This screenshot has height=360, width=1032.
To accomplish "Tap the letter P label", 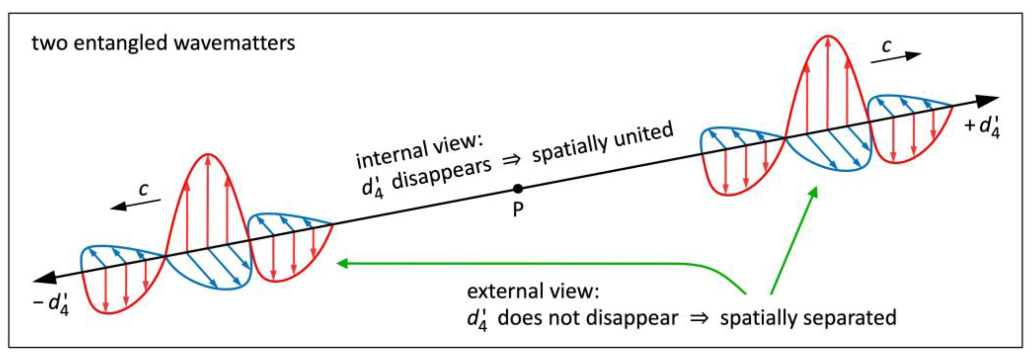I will click(x=518, y=209).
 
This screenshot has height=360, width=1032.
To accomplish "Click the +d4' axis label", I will click(x=982, y=127).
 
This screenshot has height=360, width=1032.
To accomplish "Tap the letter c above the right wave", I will click(x=886, y=46).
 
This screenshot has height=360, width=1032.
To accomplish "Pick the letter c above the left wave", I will click(x=143, y=189).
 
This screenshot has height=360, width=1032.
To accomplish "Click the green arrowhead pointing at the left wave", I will click(x=342, y=263).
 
